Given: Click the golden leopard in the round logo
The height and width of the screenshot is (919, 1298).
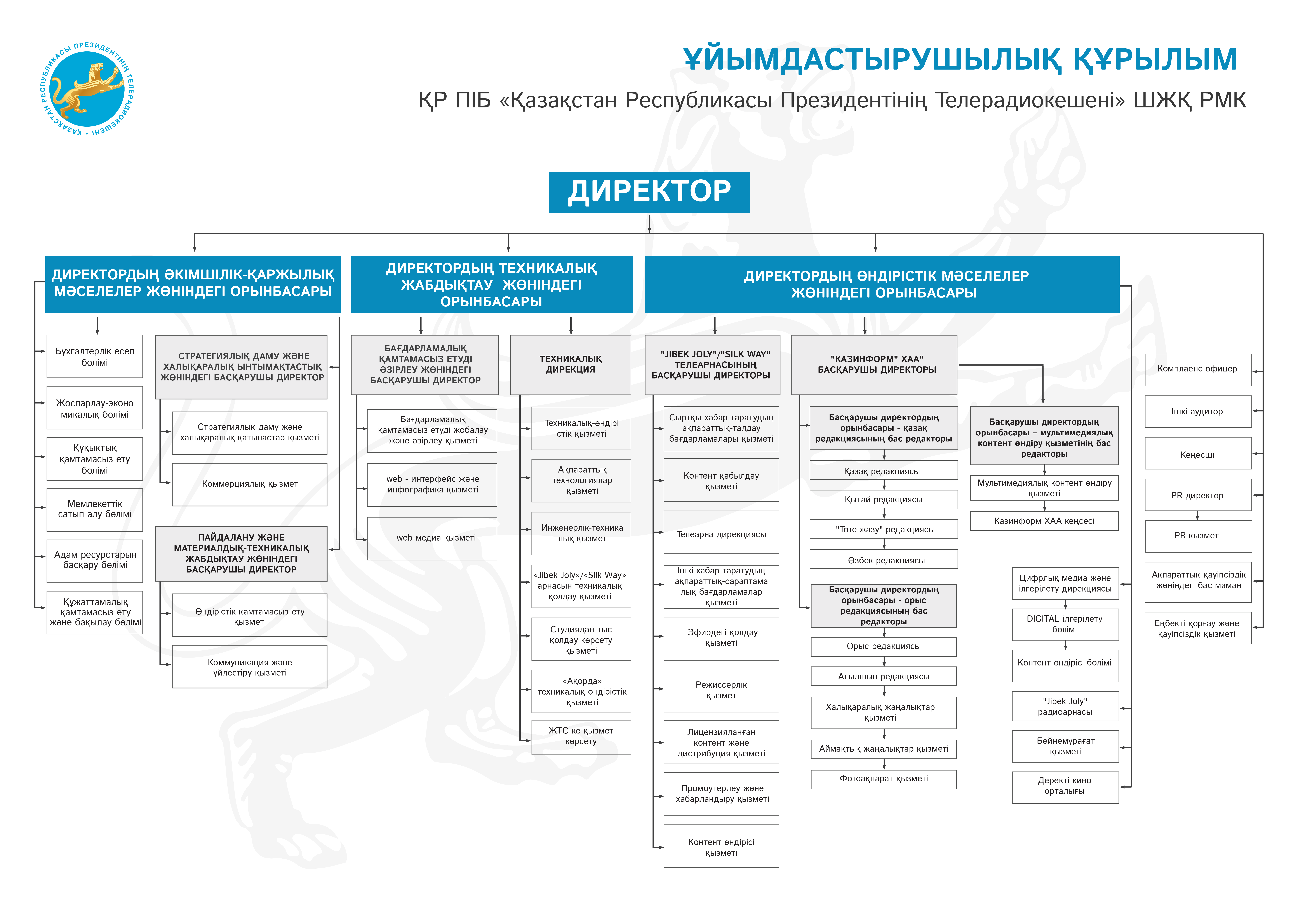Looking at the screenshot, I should [x=90, y=88].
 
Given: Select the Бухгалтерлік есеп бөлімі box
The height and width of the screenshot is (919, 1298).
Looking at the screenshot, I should [x=94, y=357].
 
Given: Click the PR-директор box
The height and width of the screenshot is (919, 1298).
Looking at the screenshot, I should [x=1197, y=495].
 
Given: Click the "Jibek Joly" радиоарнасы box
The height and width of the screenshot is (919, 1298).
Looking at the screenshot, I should [x=1065, y=706].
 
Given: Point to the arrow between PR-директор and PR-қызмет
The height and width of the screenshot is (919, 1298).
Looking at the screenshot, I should [x=1197, y=516].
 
